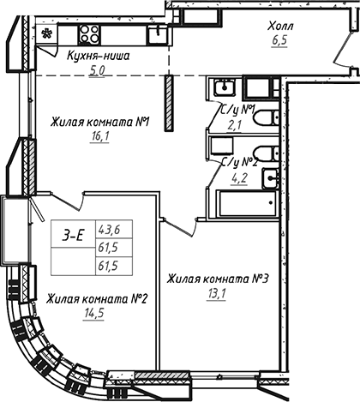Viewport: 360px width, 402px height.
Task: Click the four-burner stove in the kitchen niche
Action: tap(91, 33)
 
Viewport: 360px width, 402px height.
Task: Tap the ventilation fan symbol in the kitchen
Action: tap(47, 34)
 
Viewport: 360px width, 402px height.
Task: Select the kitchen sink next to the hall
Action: tap(156, 33)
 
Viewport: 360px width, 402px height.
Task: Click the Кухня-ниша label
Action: tap(99, 56)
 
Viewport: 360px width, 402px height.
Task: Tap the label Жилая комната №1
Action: tap(100, 121)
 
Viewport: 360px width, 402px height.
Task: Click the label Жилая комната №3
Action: tap(219, 279)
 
